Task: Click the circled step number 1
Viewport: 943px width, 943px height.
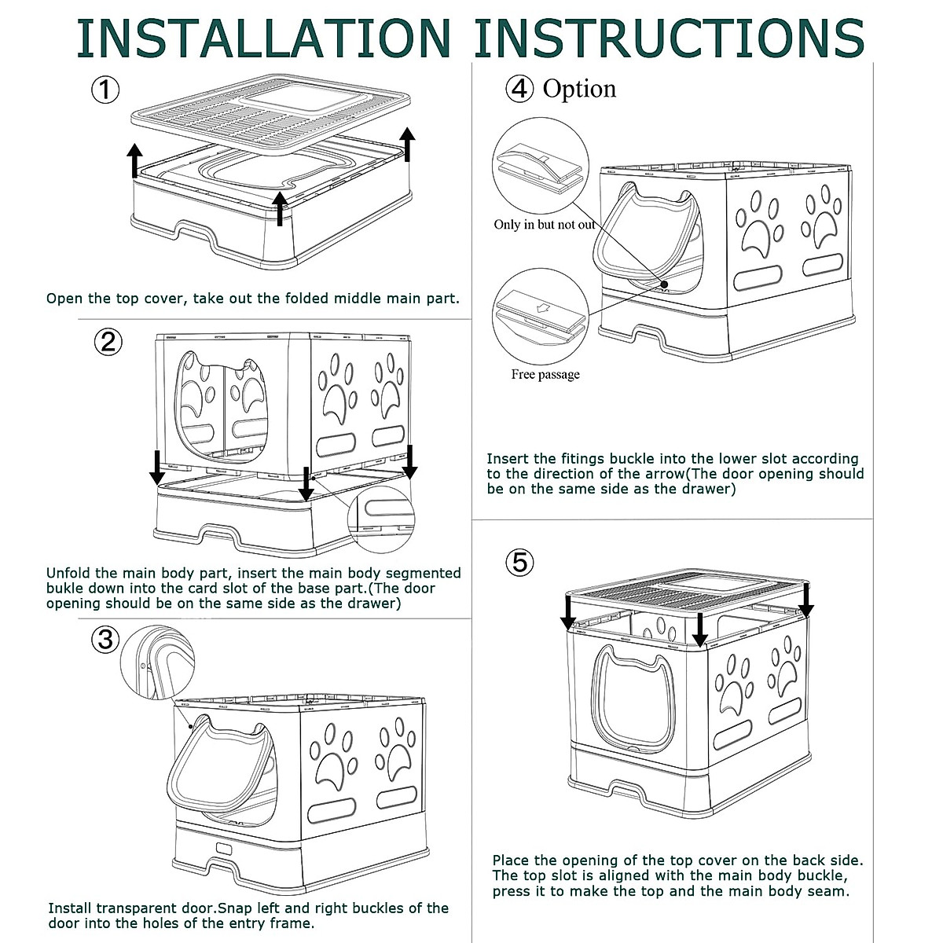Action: tap(105, 89)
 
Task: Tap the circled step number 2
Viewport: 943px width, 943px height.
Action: tap(108, 342)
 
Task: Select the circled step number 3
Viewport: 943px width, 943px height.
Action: tap(105, 640)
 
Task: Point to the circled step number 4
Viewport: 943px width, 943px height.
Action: tap(519, 89)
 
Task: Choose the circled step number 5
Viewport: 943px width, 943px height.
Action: tap(519, 562)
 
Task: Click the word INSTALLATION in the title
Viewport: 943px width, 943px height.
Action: tap(262, 37)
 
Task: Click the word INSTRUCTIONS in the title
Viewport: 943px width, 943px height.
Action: tap(669, 37)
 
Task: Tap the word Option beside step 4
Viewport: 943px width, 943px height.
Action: tap(579, 89)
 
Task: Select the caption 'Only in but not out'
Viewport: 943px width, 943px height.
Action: tap(545, 225)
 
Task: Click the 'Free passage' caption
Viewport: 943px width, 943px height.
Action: tap(545, 374)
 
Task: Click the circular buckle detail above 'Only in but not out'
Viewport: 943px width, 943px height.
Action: tap(541, 165)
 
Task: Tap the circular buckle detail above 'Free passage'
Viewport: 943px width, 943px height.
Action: tap(541, 315)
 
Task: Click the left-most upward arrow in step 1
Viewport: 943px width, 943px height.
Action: tap(135, 160)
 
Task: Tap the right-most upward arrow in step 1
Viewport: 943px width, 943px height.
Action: tap(407, 143)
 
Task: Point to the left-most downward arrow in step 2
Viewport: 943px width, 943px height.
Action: tap(157, 468)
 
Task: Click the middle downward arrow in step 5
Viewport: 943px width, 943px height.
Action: tap(699, 628)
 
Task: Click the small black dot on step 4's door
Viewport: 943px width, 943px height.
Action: tap(664, 286)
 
